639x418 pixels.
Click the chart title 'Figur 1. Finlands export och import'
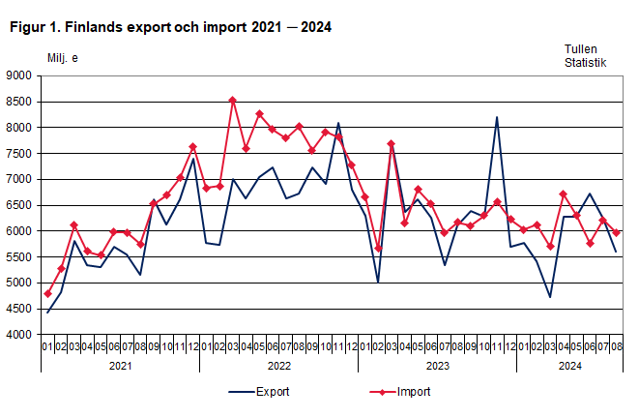[170, 27]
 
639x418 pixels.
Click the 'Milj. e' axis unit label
[63, 58]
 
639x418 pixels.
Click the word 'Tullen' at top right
[582, 47]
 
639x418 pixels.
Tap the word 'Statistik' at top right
[586, 63]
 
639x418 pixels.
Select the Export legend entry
[258, 392]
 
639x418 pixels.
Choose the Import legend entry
[400, 392]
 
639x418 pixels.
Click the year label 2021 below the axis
[120, 366]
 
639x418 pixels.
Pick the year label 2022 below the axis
[278, 366]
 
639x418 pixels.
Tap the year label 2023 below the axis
[437, 366]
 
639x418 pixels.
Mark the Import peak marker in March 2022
[232, 100]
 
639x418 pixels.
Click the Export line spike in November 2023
[497, 117]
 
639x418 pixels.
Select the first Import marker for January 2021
[47, 293]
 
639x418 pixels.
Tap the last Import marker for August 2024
[617, 232]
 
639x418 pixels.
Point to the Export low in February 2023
[377, 283]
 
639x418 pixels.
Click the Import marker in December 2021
[192, 147]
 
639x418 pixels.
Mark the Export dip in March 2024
[550, 297]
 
